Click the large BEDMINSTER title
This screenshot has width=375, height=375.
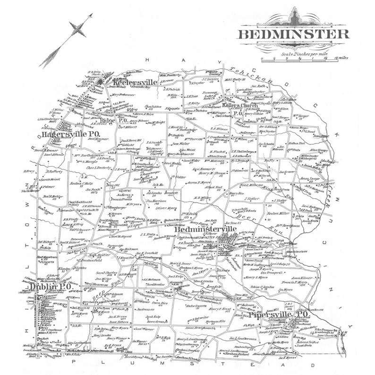tap(293, 34)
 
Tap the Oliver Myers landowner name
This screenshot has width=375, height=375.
tap(166, 207)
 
